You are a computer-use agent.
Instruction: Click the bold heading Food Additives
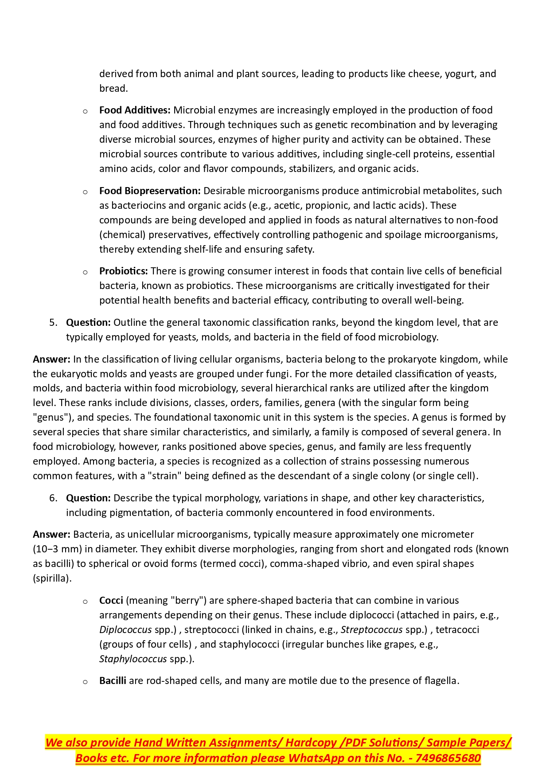[x=135, y=110]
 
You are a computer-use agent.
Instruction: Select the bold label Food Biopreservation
[x=150, y=191]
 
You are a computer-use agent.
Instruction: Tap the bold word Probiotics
[x=123, y=271]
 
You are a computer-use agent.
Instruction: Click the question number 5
[x=53, y=322]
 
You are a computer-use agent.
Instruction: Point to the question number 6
[x=53, y=498]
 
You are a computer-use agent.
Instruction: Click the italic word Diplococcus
[x=125, y=629]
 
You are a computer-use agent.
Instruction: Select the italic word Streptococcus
[x=371, y=629]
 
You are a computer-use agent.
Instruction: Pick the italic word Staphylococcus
[x=133, y=659]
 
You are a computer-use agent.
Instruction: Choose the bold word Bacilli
[x=113, y=680]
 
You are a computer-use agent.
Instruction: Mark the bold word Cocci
[x=111, y=600]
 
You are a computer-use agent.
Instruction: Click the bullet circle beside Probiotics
[x=85, y=272]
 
